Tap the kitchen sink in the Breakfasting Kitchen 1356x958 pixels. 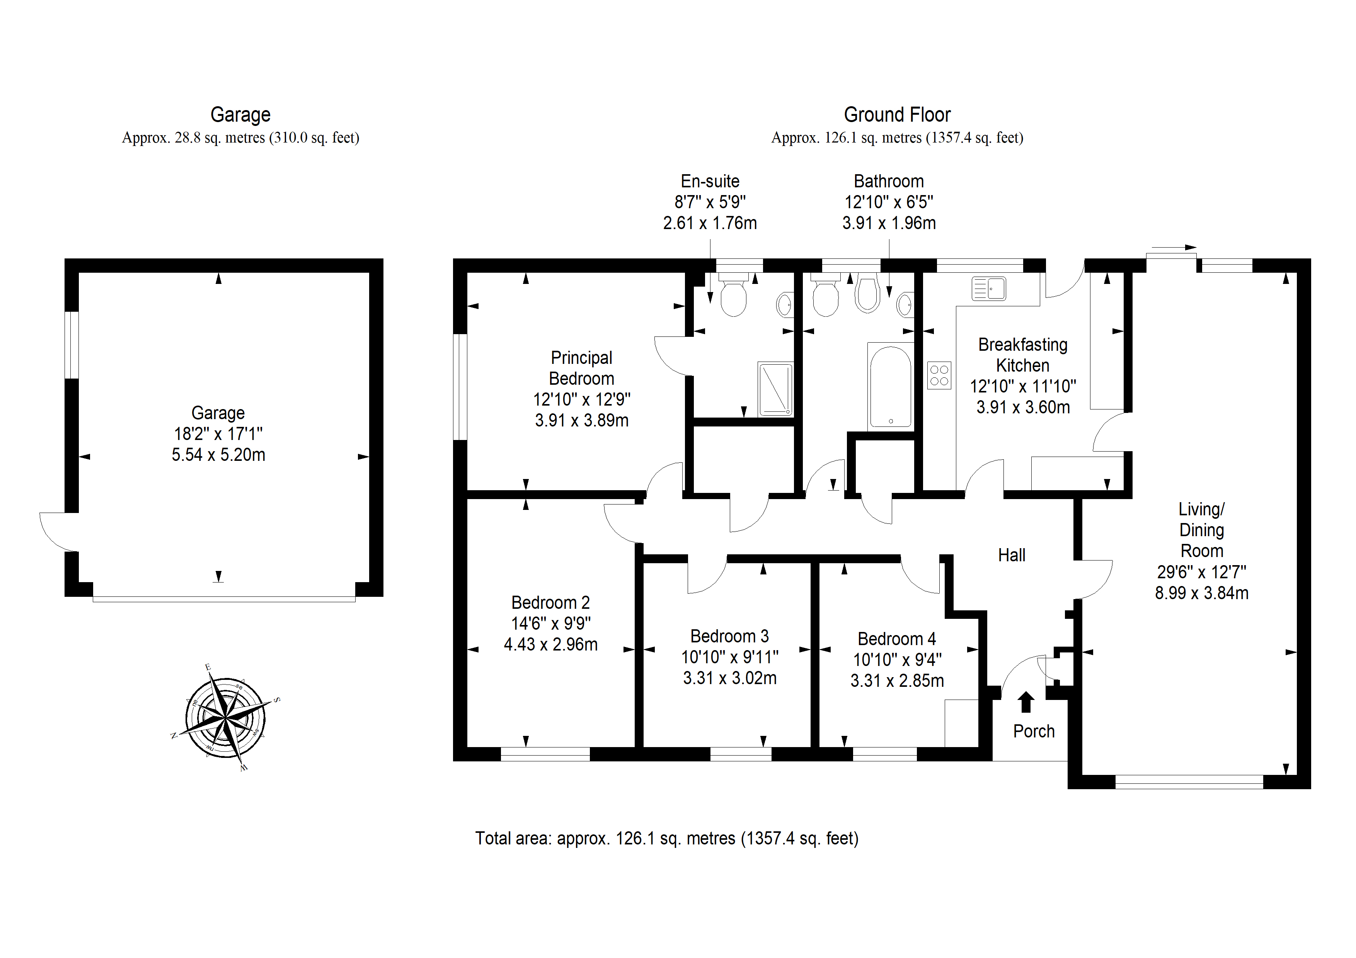(989, 289)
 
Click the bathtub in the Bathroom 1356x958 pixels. (890, 387)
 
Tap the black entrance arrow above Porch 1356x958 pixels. (1026, 702)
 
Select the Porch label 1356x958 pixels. (1034, 731)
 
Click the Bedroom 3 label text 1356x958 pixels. (729, 636)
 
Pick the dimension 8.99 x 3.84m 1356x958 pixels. (1202, 593)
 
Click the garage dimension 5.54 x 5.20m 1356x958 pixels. (218, 455)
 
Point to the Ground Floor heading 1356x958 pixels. (897, 114)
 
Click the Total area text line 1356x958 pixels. (667, 838)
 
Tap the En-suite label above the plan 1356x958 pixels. (710, 181)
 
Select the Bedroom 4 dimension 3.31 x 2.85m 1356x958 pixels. (897, 681)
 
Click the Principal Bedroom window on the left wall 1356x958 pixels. (460, 387)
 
